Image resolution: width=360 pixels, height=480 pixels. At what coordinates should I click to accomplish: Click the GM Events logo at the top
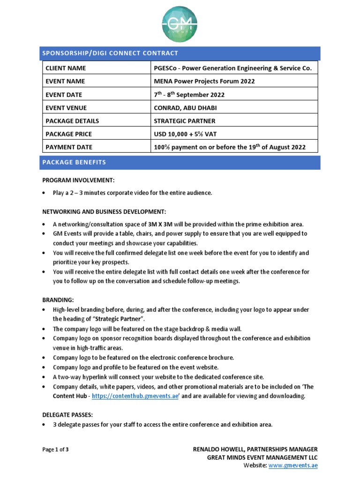[180, 24]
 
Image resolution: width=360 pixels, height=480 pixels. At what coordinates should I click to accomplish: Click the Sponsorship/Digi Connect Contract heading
[110, 53]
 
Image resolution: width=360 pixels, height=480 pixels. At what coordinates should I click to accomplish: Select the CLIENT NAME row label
[66, 68]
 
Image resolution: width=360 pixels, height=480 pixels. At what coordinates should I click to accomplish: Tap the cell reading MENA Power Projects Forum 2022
[204, 81]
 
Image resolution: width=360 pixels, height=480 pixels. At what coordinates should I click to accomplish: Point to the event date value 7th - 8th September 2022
[189, 95]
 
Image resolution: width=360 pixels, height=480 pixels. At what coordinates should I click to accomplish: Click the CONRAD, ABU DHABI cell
[185, 108]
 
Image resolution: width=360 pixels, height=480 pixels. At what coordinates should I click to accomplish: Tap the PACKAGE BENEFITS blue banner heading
[74, 163]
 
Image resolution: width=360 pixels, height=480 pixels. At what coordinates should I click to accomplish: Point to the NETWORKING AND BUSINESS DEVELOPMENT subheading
[104, 211]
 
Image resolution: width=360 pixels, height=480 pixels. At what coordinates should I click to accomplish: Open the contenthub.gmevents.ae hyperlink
[135, 396]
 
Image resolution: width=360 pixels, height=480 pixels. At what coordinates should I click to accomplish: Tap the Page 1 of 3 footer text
[56, 450]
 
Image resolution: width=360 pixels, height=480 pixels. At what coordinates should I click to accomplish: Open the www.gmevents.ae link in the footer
[293, 465]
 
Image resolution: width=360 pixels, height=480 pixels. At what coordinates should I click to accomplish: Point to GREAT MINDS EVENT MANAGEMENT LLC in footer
[262, 457]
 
